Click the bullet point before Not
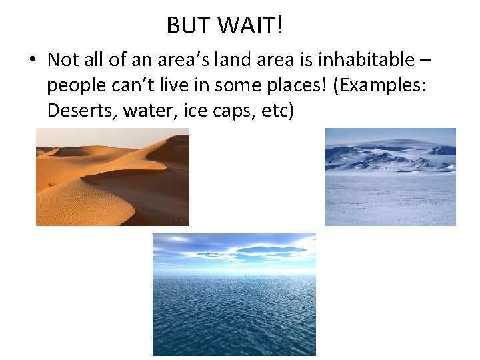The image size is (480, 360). [x=32, y=61]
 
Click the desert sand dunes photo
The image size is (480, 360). [x=113, y=177]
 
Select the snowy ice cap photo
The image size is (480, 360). [x=391, y=177]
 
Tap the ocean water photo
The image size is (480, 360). [x=234, y=294]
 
